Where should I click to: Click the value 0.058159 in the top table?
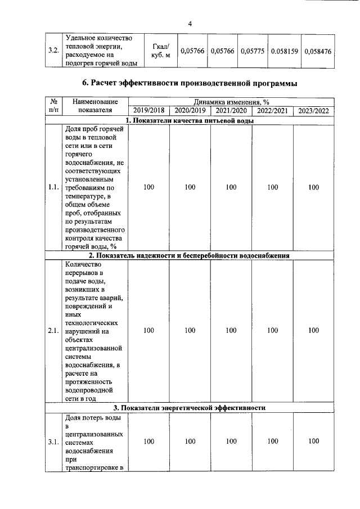pos(285,51)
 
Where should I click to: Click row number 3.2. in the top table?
pos(54,51)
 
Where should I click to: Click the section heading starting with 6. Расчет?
pos(190,83)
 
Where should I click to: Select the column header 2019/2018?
pos(149,111)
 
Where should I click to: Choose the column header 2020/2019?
pos(190,111)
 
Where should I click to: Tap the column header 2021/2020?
pos(231,111)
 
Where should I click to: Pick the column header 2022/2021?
pos(272,111)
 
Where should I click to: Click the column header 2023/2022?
pos(314,111)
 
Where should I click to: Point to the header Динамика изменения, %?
pos(231,102)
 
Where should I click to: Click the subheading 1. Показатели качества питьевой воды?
pos(190,120)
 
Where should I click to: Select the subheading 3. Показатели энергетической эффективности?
pos(190,408)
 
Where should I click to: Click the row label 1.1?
pos(54,187)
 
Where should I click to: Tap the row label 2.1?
pos(54,331)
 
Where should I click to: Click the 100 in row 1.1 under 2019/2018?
pos(149,187)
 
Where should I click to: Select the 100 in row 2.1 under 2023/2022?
pos(314,331)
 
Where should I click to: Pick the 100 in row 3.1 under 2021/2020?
pos(231,442)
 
